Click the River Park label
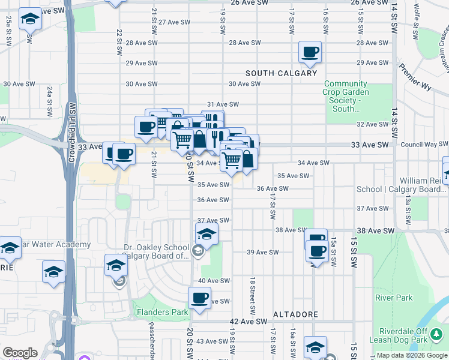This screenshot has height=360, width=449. coord(394,298)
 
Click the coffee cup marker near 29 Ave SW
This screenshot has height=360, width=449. coord(310,52)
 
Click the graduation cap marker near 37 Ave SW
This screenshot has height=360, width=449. coord(206,234)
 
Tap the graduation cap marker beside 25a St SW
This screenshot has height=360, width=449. coord(30,19)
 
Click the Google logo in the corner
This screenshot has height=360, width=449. coord(20,353)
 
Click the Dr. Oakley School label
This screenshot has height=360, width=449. coord(156,251)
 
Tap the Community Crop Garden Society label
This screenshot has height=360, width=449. coord(346,96)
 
